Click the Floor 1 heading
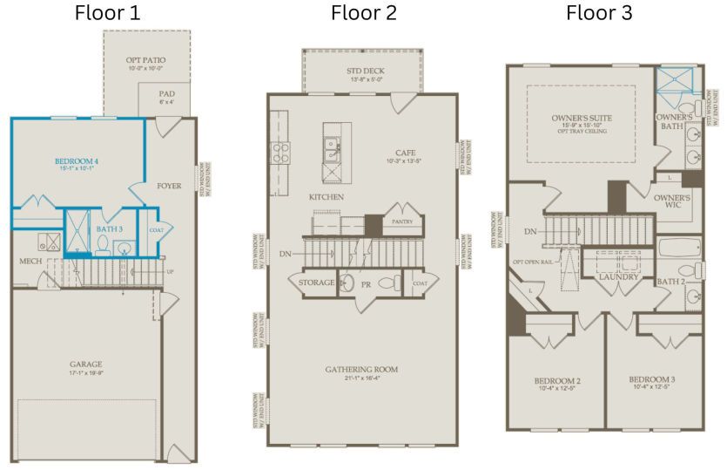(x=107, y=13)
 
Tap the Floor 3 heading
(x=599, y=13)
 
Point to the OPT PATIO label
(x=145, y=60)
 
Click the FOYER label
(x=169, y=186)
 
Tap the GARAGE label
(x=86, y=364)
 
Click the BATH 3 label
(x=109, y=229)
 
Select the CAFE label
(x=405, y=153)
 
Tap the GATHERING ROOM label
(x=361, y=369)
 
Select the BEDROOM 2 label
(x=557, y=380)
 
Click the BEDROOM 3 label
(x=652, y=379)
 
